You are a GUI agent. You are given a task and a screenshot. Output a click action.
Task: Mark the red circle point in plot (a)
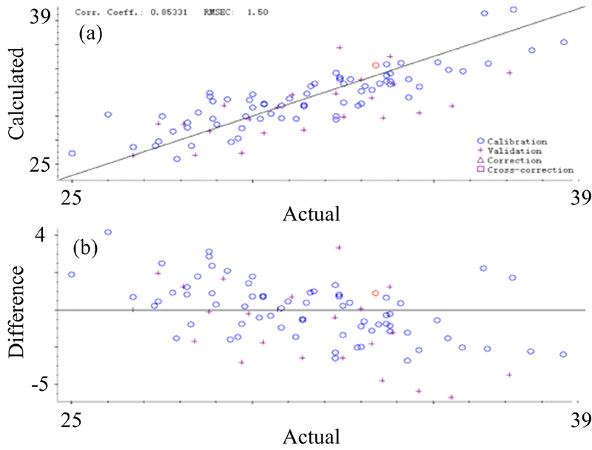[375, 66]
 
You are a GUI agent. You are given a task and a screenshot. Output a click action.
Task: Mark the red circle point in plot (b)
[375, 294]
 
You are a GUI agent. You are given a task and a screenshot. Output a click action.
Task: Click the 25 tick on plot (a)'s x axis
[71, 195]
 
